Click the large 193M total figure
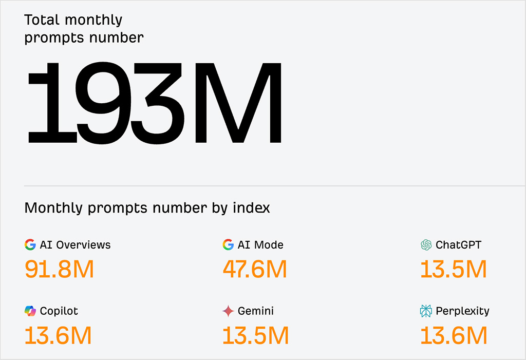[154, 103]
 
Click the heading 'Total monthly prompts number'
[84, 29]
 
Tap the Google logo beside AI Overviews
[30, 245]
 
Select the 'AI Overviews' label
[75, 245]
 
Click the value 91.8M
[59, 270]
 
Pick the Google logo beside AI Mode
[228, 245]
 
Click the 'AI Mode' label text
[260, 245]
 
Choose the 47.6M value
[255, 270]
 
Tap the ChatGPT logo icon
[426, 245]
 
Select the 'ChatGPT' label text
[458, 245]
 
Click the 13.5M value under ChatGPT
[454, 270]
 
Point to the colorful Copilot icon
[30, 311]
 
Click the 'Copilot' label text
[59, 311]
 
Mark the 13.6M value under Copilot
[58, 336]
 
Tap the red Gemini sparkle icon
[228, 311]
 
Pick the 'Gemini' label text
[256, 311]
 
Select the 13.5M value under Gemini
[256, 336]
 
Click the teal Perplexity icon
[426, 311]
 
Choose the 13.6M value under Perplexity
[454, 336]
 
